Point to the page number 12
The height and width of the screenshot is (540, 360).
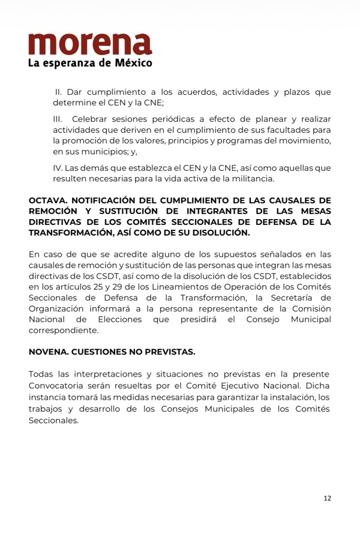point(327,498)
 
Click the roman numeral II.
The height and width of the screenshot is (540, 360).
point(59,92)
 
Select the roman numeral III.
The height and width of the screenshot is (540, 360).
point(59,119)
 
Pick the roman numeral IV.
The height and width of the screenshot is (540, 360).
point(58,168)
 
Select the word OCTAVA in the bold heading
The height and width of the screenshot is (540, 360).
point(47,200)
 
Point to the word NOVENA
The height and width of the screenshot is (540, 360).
point(47,352)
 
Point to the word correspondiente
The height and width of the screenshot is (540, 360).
point(64,330)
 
